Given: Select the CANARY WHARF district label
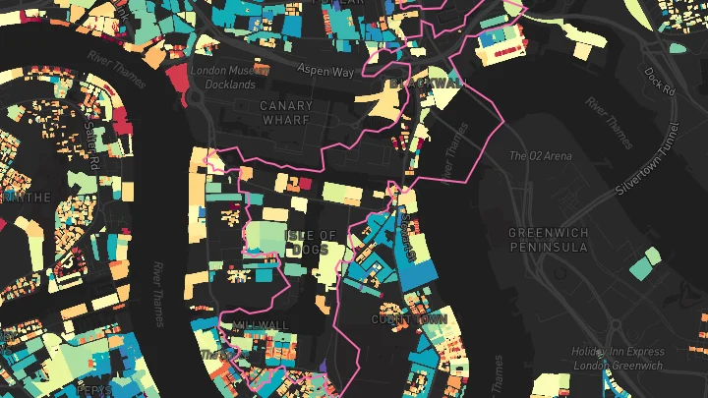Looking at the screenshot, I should tap(286, 112).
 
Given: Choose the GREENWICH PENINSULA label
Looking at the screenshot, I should tap(548, 240).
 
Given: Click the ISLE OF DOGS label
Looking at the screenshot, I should tap(312, 242).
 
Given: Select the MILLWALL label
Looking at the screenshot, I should tap(262, 324).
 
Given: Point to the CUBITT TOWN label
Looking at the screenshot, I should tap(409, 319).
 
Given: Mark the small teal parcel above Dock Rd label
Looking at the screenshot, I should tap(678, 47).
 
